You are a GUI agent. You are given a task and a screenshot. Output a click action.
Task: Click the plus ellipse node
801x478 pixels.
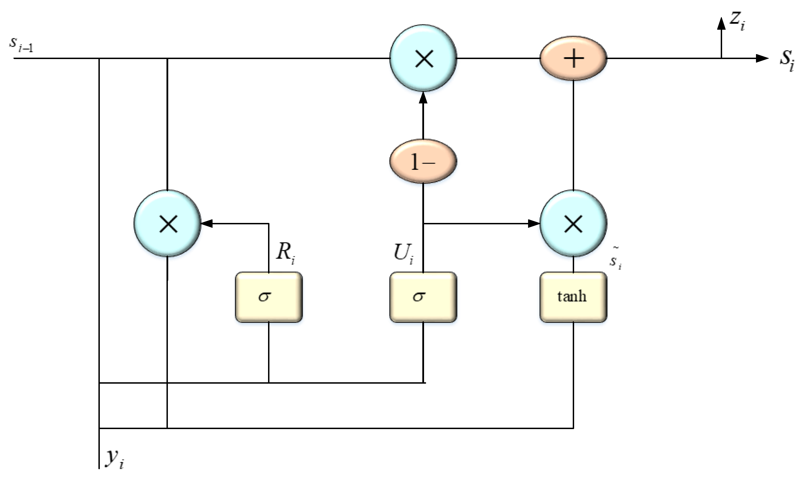(x=573, y=58)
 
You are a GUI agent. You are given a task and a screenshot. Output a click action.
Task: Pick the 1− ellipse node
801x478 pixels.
(x=423, y=161)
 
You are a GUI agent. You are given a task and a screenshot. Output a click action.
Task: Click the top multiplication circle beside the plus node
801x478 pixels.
(x=423, y=58)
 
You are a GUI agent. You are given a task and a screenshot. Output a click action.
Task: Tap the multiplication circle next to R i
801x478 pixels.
(x=168, y=223)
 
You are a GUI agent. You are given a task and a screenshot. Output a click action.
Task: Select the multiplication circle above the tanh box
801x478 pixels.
(x=573, y=223)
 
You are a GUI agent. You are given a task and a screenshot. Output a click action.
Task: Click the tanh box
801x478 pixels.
(x=573, y=297)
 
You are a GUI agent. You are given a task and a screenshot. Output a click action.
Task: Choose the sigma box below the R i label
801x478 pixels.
(x=269, y=297)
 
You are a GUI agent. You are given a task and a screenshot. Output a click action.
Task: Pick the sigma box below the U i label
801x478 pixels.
(x=423, y=297)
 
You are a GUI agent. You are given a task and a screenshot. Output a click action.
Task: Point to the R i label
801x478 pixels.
(x=285, y=252)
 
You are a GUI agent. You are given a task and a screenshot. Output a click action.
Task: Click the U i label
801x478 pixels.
(x=403, y=253)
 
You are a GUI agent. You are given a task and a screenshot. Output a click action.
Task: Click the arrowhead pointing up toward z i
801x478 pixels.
(x=721, y=24)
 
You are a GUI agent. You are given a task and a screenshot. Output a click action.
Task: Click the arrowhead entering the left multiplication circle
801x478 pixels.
(x=207, y=223)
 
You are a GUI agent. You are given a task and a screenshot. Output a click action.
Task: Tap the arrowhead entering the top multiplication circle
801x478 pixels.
(x=423, y=98)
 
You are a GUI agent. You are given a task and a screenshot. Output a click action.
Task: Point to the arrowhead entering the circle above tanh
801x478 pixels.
(x=534, y=223)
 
